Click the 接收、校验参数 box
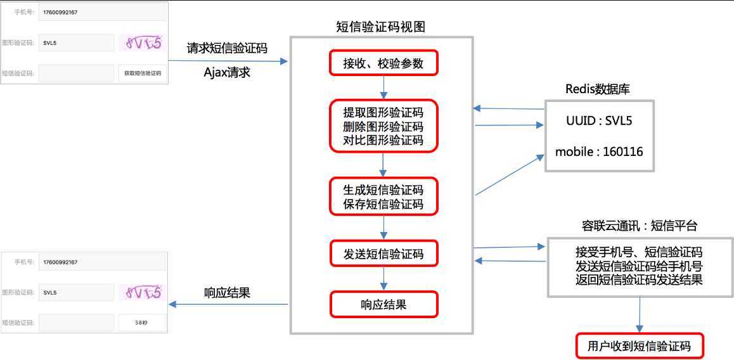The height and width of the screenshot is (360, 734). point(383,63)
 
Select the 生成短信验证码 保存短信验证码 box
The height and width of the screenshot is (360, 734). point(383,197)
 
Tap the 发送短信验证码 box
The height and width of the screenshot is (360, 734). point(383,254)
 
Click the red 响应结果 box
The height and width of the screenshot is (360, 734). point(383,304)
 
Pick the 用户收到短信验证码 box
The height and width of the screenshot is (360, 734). point(638,346)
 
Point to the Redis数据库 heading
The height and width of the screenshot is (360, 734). point(598,89)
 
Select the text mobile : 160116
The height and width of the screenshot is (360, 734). point(598,152)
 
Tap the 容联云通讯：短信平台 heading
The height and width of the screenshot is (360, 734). point(640,226)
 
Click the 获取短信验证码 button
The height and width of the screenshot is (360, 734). point(143,73)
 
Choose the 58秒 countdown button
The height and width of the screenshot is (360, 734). point(142,323)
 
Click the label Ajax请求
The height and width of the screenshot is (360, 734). point(227,72)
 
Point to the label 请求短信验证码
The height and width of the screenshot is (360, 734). point(227,48)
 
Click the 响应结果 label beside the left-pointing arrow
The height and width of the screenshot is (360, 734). point(227,293)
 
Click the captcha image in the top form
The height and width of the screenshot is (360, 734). point(143,43)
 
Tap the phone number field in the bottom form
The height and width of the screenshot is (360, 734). point(101,262)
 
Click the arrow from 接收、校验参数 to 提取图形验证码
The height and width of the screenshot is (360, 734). point(383,87)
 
